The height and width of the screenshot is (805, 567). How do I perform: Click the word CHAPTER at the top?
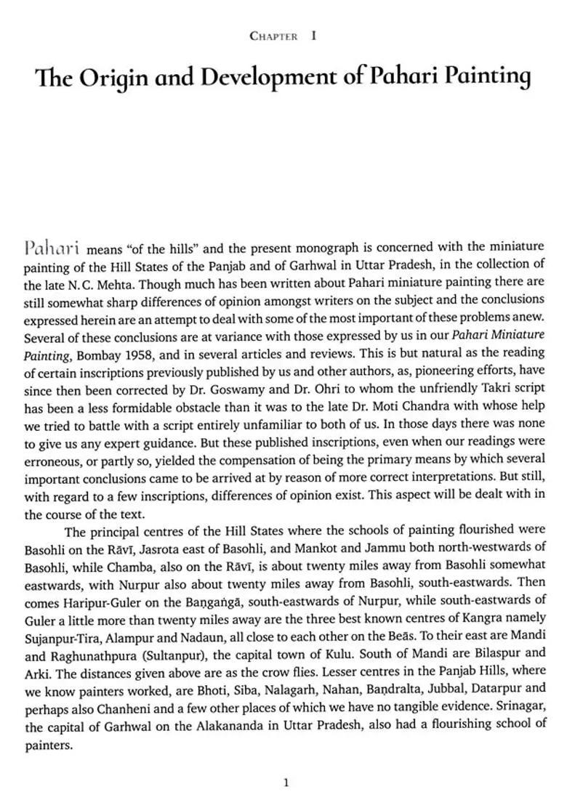click(273, 36)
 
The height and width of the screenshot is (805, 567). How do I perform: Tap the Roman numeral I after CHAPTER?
click(313, 35)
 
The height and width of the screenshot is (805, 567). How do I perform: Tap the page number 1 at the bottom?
click(286, 782)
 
